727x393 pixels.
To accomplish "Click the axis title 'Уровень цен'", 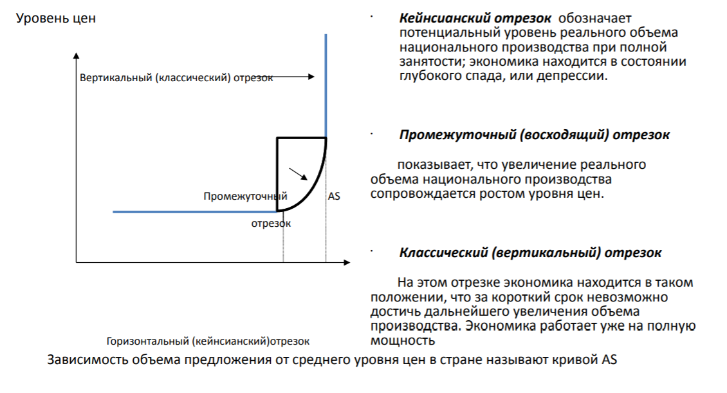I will coord(56,19).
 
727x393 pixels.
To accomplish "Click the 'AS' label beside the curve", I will coord(334,196).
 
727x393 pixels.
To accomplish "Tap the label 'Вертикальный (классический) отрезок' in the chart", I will coord(176,78).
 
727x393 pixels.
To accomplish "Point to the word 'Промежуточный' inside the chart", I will coord(245,196).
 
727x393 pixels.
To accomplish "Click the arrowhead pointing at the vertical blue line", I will coord(311,77).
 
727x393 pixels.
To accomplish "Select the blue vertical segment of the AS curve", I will coord(326,84).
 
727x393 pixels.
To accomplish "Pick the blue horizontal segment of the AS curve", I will coord(193,211).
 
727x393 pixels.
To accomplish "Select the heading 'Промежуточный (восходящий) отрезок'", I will coord(534,135).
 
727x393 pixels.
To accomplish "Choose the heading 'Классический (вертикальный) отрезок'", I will coord(529,253).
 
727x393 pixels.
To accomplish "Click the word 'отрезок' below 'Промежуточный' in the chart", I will coord(271,224).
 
